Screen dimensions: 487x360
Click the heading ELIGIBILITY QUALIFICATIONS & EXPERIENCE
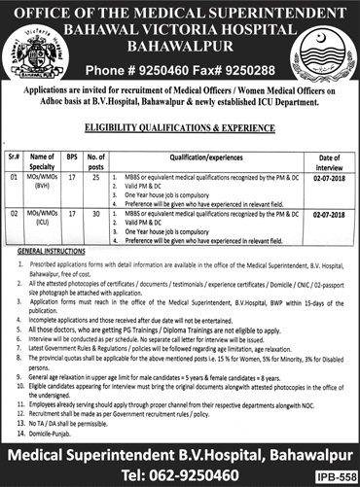click(180, 126)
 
